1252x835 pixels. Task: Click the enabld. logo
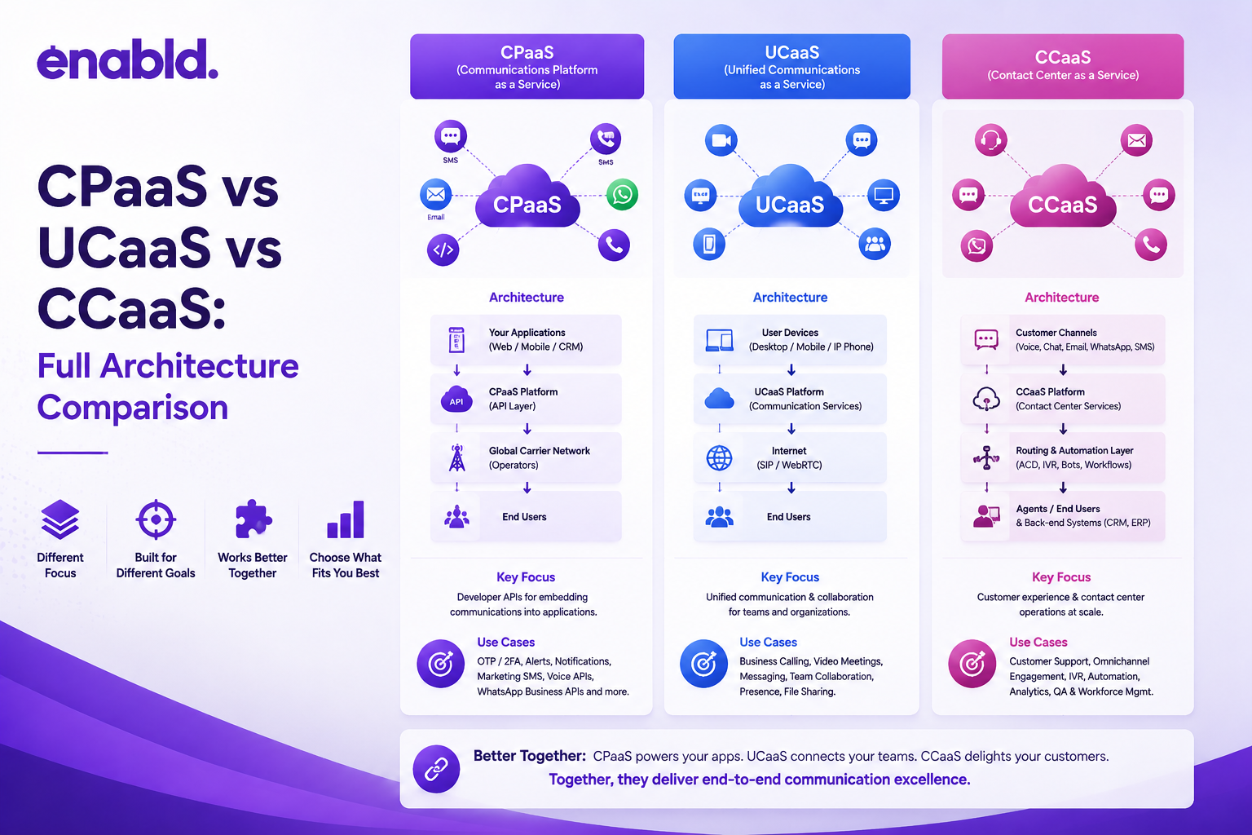[x=127, y=60]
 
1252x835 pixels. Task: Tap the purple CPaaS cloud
[x=527, y=197]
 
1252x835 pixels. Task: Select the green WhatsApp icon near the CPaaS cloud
[x=622, y=195]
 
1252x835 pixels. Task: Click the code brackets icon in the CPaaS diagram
[x=443, y=250]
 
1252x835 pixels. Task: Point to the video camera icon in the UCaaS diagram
[x=721, y=139]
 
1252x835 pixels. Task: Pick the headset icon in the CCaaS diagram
[x=991, y=139]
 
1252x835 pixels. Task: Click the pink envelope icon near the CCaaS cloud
[x=1136, y=139]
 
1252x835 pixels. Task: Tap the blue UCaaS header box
[x=791, y=67]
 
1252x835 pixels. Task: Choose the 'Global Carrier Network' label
[x=540, y=451]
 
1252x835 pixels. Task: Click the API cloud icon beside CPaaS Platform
[x=456, y=400]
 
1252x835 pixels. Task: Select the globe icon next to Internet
[x=720, y=458]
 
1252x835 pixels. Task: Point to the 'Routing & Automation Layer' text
[x=1074, y=451]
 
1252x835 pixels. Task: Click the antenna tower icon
[x=457, y=458]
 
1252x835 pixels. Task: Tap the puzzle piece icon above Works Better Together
[x=253, y=519]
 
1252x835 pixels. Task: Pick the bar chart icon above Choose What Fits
[x=346, y=519]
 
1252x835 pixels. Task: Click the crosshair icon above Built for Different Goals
[x=156, y=519]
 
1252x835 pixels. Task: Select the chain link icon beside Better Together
[x=436, y=769]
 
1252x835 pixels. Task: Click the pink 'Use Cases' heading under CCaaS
[x=1038, y=642]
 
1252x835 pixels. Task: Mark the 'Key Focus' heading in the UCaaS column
[x=790, y=577]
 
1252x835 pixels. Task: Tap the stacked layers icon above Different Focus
[x=60, y=519]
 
